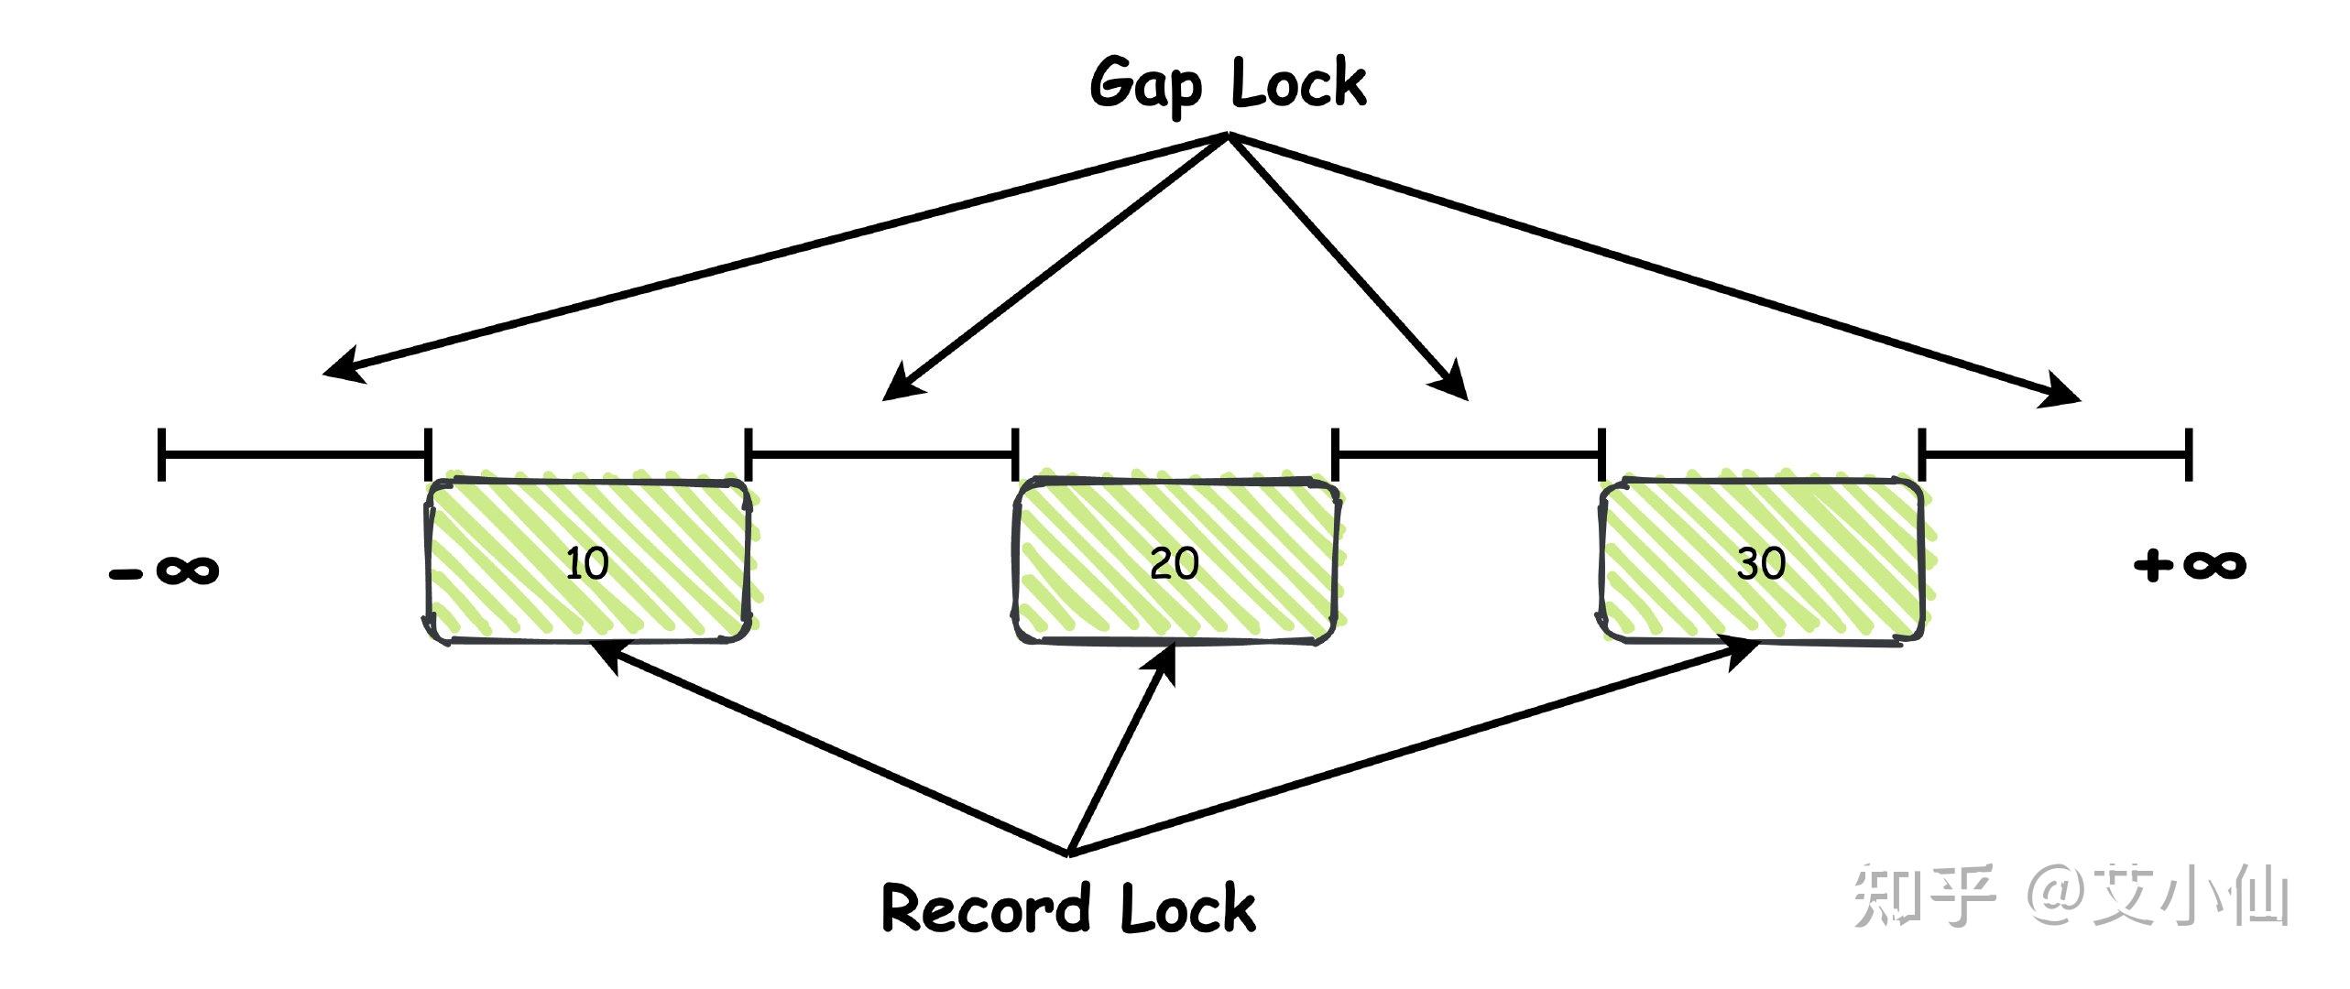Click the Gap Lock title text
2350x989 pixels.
tap(1228, 84)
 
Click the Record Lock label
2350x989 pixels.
tap(1068, 908)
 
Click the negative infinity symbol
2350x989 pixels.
tap(165, 571)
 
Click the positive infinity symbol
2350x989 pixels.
tap(2191, 564)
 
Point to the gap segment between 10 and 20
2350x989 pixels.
tap(882, 452)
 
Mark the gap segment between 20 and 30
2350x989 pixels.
tap(1468, 452)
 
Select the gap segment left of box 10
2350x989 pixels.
tap(294, 452)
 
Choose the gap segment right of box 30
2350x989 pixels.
tap(2055, 452)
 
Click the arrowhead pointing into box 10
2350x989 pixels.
tap(606, 657)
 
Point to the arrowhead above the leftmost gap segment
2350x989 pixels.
tap(341, 367)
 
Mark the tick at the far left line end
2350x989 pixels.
tap(161, 452)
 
